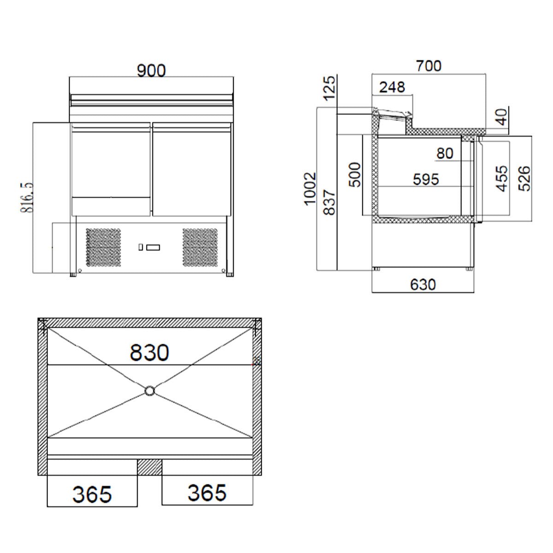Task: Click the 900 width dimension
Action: [x=151, y=71]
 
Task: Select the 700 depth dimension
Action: [x=429, y=66]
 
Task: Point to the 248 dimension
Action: [x=392, y=87]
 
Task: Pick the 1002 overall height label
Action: [x=310, y=188]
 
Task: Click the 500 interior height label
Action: [x=355, y=175]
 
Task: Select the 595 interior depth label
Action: [x=426, y=179]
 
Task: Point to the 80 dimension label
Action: [x=445, y=153]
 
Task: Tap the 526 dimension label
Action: [x=524, y=178]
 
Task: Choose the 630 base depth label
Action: [x=423, y=284]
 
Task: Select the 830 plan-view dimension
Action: [x=149, y=353]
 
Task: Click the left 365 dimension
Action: [x=92, y=494]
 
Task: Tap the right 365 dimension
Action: [x=207, y=492]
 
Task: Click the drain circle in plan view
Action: [x=150, y=391]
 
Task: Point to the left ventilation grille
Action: [x=104, y=247]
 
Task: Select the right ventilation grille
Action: [x=200, y=247]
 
